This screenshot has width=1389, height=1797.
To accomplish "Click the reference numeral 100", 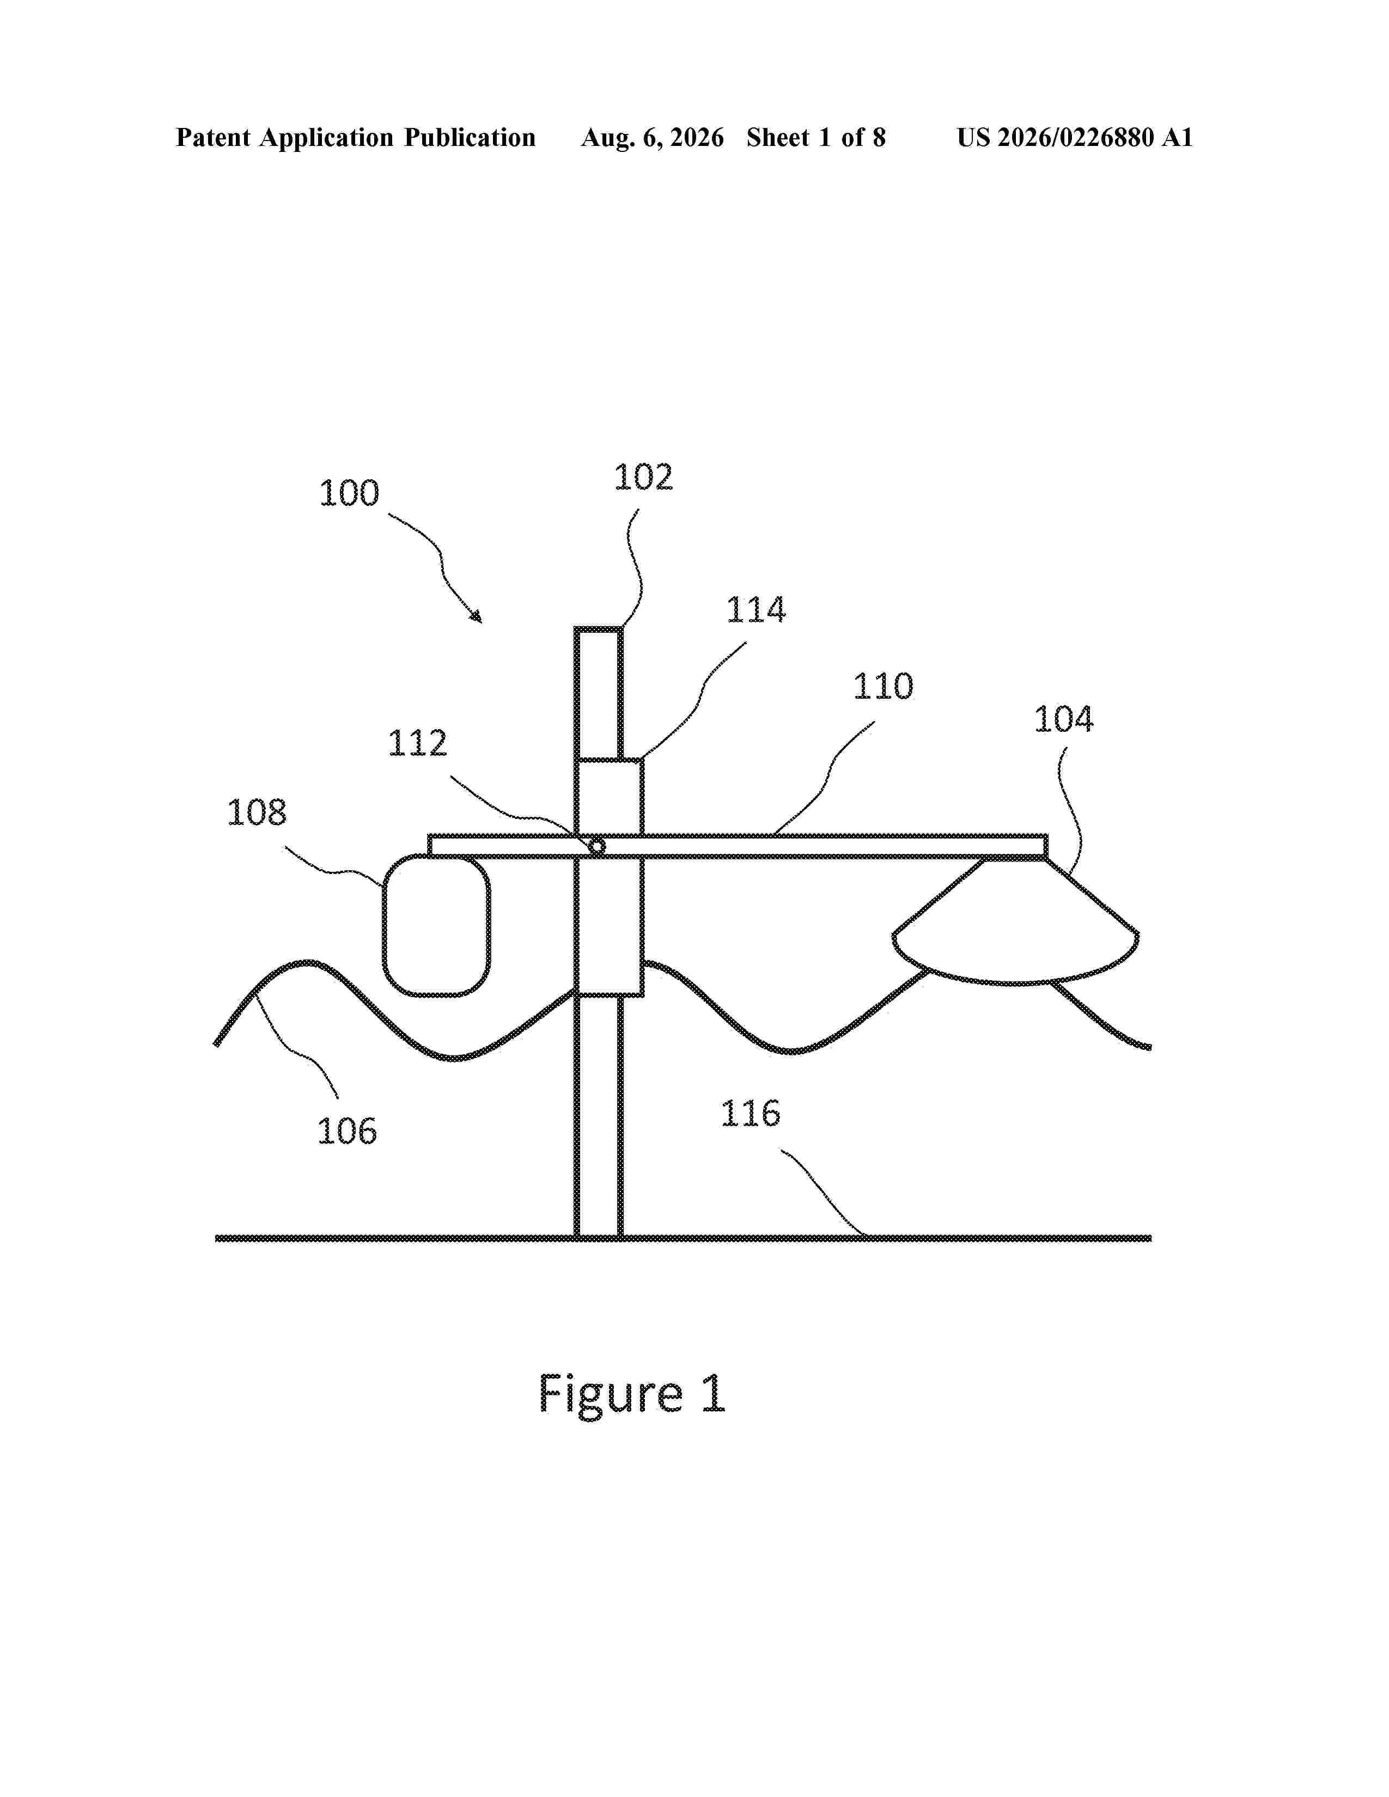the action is click(x=349, y=494).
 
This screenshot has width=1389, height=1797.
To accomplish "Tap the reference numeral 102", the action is click(x=643, y=477).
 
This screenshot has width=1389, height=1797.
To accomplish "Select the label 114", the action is click(x=756, y=610).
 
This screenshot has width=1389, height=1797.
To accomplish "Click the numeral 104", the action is click(x=1063, y=719).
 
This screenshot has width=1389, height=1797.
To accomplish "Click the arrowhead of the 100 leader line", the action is click(x=477, y=618).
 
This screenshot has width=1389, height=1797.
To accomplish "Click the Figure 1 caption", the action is click(x=631, y=1394).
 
